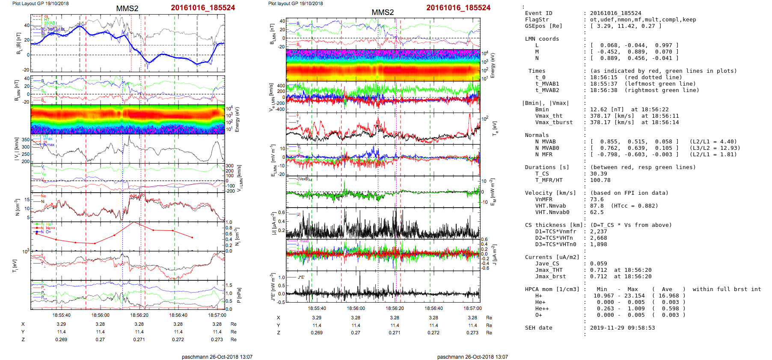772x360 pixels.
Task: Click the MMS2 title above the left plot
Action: (127, 9)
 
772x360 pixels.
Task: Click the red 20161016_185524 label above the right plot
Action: (458, 8)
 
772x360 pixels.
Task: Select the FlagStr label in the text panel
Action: (537, 20)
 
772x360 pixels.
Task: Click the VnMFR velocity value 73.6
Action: (597, 199)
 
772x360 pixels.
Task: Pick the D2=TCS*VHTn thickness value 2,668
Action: (599, 238)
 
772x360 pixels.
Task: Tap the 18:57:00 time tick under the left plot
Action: (217, 315)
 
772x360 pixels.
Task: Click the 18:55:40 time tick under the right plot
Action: (317, 308)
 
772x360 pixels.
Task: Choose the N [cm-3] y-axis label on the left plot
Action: (18, 207)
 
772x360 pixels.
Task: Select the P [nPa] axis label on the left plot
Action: (238, 295)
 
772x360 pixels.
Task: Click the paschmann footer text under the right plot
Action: (472, 357)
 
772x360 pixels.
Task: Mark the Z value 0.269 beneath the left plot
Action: (61, 339)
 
